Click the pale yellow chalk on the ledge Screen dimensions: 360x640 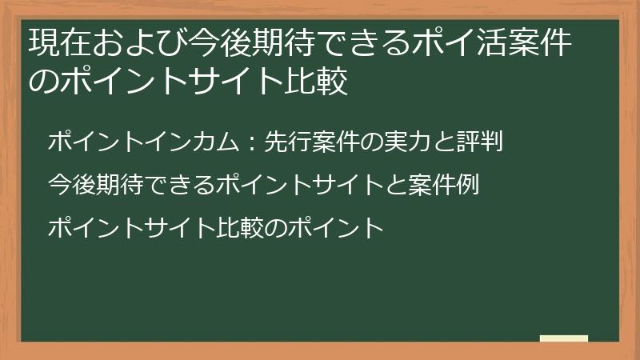564,338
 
